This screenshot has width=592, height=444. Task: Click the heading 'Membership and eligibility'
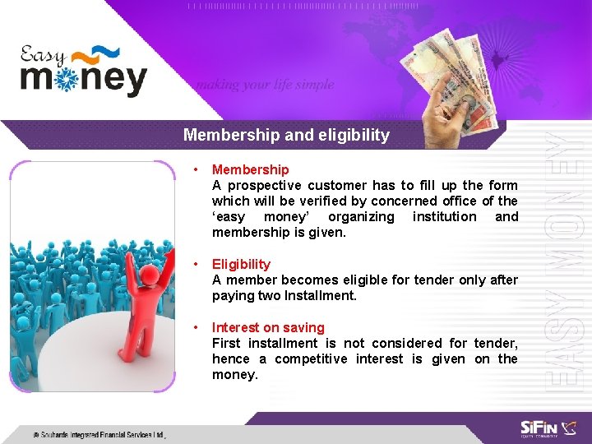(x=286, y=135)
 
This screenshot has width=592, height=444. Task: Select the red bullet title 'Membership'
(x=250, y=169)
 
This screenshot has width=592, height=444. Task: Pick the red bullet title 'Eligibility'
(x=241, y=264)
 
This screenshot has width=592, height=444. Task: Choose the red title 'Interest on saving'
(x=268, y=327)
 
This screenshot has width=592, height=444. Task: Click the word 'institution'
(x=444, y=216)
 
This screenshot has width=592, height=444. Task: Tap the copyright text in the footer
(x=99, y=433)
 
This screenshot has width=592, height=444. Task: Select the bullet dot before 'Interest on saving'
(x=195, y=327)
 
